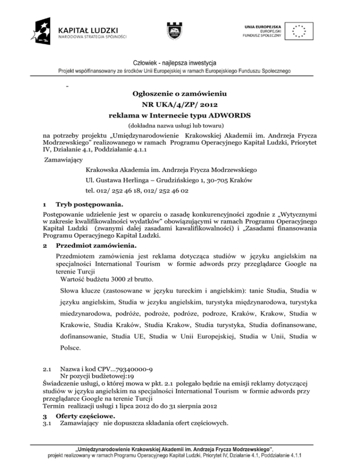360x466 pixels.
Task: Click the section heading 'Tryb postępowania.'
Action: pos(90,205)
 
